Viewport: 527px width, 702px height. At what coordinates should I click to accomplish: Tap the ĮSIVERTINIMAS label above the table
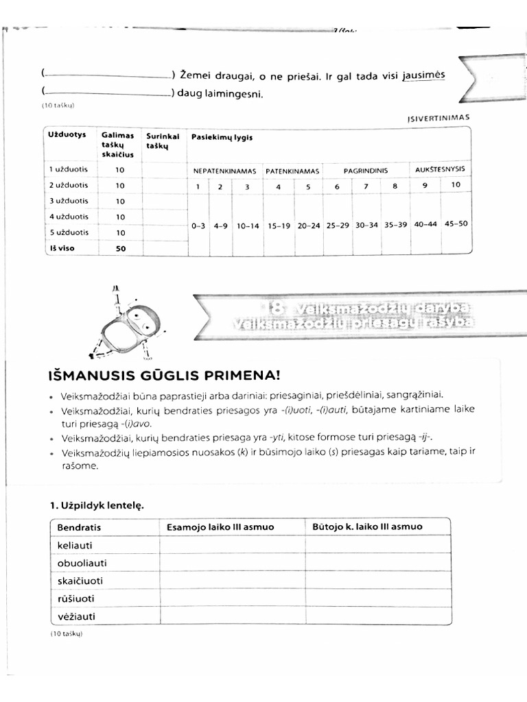pos(438,117)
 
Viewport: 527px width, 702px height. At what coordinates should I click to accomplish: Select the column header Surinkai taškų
pos(162,141)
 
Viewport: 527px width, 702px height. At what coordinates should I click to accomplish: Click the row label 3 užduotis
pos(68,201)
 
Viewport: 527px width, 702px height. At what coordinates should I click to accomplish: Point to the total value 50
pos(121,248)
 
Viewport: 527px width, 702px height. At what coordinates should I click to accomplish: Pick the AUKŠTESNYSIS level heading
pos(440,169)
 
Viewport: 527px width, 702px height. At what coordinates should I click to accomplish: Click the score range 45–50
pos(457,223)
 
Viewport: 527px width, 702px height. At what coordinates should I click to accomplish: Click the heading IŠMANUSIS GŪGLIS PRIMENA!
pos(164,376)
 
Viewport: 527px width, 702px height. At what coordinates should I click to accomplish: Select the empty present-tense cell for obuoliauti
pos(232,563)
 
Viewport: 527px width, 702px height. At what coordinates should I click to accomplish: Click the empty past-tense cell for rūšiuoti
pos(377,598)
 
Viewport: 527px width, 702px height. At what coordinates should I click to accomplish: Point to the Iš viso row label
pos(62,248)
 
